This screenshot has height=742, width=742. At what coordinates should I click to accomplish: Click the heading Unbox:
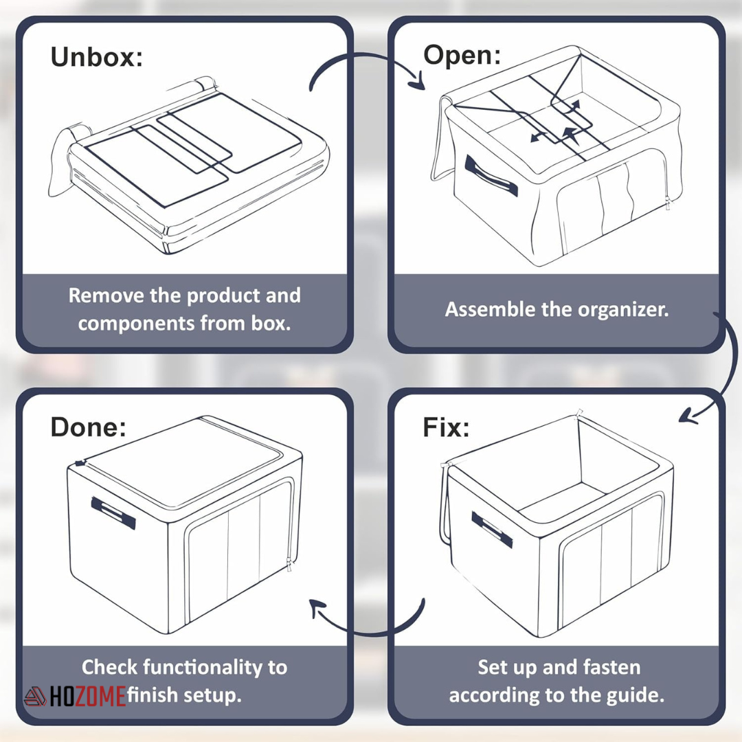[x=96, y=57]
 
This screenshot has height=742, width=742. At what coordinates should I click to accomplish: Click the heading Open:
[x=462, y=54]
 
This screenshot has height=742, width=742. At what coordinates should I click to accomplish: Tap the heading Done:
[x=88, y=427]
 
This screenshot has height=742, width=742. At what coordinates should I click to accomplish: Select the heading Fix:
[x=446, y=427]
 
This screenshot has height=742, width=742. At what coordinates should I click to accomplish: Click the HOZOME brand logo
[x=76, y=697]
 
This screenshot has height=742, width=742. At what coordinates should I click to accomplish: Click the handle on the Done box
[x=113, y=513]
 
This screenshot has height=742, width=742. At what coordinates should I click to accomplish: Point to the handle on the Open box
[x=491, y=176]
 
